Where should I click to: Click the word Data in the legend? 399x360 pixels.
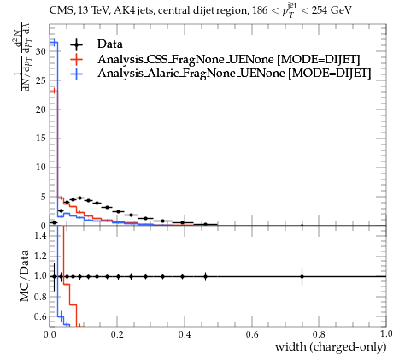pos(110,44)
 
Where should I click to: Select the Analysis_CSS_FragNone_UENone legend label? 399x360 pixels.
pos(185,59)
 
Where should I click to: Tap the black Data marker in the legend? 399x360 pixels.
pos(76,44)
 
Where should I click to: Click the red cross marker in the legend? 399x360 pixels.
pos(76,59)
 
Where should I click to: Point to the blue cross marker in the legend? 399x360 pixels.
pos(76,74)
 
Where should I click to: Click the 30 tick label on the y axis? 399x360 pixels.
pos(41,51)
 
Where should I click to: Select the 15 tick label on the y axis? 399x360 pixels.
pos(41,139)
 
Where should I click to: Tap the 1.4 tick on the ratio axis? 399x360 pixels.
pos(40,235)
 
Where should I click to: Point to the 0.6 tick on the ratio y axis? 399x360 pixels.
pos(40,316)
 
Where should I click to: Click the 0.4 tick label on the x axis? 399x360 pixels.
pos(185,334)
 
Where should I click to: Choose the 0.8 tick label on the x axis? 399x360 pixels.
pos(319,334)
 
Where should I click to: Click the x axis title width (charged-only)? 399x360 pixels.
pos(331,347)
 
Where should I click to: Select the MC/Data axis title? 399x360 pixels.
pos(25,275)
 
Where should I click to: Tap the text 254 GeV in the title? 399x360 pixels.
pos(332,10)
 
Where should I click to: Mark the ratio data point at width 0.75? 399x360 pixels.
pos(302,276)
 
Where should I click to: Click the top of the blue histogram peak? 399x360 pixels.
pos(54,43)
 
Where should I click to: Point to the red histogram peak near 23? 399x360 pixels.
pos(54,91)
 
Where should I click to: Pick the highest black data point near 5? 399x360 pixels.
pos(80,198)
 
